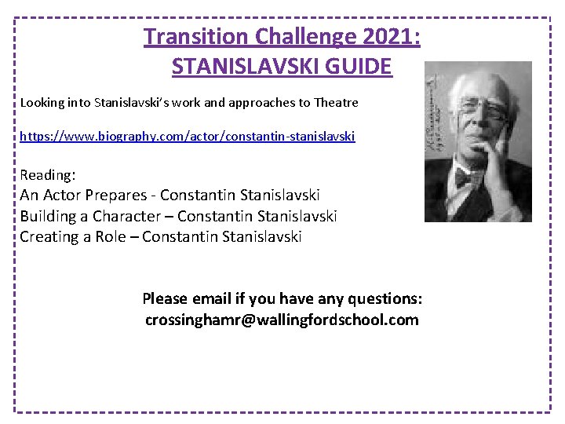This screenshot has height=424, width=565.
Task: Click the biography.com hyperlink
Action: pyautogui.click(x=188, y=136)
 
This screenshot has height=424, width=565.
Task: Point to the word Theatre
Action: pyautogui.click(x=336, y=102)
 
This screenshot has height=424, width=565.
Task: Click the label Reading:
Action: pyautogui.click(x=48, y=174)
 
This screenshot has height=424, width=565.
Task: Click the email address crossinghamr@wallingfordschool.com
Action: pyautogui.click(x=282, y=320)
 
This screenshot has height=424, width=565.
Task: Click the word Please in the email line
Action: pyautogui.click(x=165, y=299)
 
